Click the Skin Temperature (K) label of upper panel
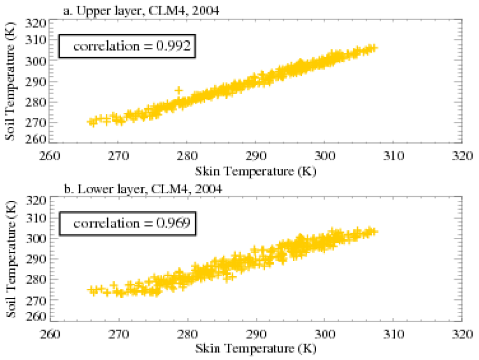pyautogui.click(x=255, y=171)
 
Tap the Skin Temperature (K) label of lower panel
pyautogui.click(x=255, y=349)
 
